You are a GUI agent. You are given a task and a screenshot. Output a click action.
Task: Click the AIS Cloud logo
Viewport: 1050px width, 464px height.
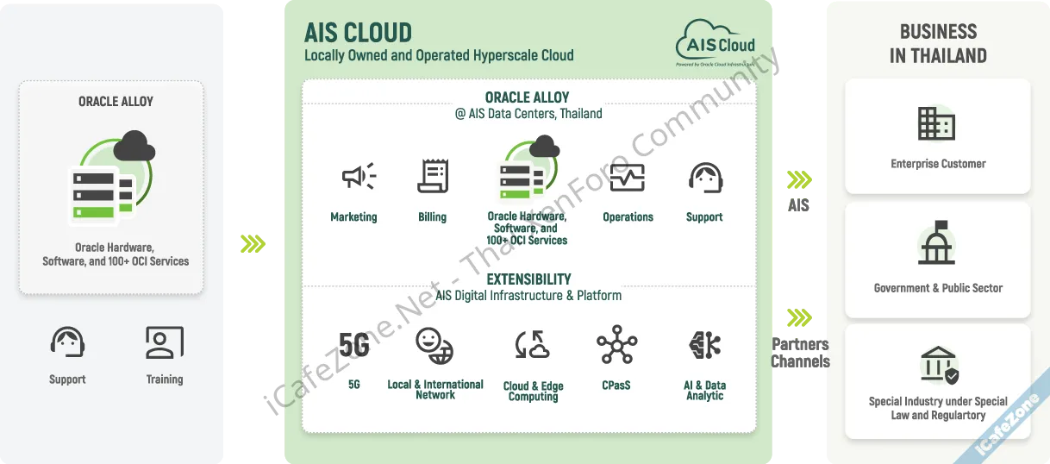tap(716, 43)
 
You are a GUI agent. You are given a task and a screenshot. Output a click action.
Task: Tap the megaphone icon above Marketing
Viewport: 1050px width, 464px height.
tap(358, 177)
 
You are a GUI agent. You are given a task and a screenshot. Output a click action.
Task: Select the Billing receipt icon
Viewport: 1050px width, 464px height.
tap(433, 176)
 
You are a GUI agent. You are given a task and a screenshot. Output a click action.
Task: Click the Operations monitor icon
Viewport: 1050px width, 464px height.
tap(627, 178)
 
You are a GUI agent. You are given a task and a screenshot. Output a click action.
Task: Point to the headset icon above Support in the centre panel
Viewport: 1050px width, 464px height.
tap(704, 178)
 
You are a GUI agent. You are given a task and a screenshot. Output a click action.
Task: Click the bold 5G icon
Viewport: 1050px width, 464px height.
tap(353, 345)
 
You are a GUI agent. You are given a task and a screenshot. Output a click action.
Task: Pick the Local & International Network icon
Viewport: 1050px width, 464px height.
tap(434, 345)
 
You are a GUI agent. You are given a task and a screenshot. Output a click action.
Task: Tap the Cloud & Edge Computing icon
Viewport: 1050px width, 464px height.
tap(533, 345)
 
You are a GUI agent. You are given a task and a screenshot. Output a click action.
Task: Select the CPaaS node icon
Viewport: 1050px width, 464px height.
tap(616, 345)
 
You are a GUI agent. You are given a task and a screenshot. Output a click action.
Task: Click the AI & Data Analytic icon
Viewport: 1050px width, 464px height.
tap(704, 345)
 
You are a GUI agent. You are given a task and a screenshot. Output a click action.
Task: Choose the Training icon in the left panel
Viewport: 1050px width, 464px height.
tap(164, 343)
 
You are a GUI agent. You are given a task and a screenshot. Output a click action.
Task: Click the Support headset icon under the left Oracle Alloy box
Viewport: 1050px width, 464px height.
tap(67, 343)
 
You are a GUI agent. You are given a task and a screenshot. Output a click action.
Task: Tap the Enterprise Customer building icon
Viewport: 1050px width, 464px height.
tap(937, 125)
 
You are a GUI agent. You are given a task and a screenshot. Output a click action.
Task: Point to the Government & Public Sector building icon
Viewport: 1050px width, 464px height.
tap(937, 244)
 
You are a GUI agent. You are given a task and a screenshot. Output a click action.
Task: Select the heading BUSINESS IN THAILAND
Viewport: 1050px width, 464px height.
tap(938, 44)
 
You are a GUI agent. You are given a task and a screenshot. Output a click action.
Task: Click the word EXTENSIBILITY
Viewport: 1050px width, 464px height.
tap(528, 279)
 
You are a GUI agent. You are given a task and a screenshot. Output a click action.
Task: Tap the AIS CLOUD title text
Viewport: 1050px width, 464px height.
tap(358, 33)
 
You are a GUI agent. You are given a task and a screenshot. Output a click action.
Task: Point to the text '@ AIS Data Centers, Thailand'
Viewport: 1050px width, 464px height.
tap(528, 114)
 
